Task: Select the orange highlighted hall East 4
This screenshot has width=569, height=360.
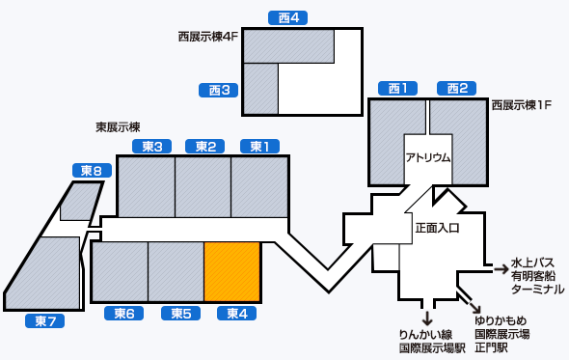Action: point(232,271)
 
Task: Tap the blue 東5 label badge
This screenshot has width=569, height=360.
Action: point(180,314)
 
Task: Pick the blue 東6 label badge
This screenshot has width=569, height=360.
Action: point(123,314)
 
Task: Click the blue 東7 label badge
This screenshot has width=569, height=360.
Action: point(44,321)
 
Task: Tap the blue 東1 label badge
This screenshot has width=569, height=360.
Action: point(259,147)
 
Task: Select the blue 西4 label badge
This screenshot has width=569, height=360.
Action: point(287,18)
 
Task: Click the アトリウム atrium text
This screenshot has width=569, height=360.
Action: point(428,157)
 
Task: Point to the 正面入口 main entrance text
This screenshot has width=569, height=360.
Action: point(437,229)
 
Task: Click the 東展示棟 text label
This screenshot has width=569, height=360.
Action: point(118,126)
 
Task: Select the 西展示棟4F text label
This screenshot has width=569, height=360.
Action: point(207,37)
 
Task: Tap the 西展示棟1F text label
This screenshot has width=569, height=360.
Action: point(521,104)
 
